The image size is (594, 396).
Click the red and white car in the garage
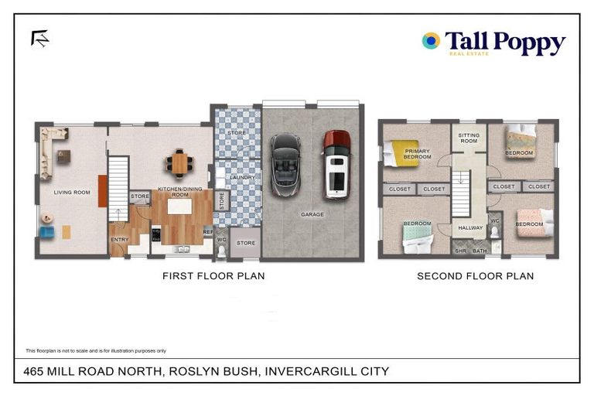pyautogui.click(x=336, y=164)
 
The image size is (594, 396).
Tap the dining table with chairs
pyautogui.click(x=180, y=162)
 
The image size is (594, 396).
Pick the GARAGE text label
pyautogui.click(x=312, y=214)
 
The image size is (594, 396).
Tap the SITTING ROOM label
pyautogui.click(x=469, y=138)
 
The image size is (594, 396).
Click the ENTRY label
pyautogui.click(x=120, y=240)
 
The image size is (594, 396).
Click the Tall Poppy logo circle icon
pyautogui.click(x=431, y=41)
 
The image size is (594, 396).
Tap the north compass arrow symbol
pyautogui.click(x=39, y=39)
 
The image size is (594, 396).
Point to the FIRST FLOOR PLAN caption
pyautogui.click(x=213, y=276)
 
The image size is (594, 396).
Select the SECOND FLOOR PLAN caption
pyautogui.click(x=475, y=276)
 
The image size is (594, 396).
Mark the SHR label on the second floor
pyautogui.click(x=460, y=251)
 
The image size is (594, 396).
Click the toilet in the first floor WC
pyautogui.click(x=221, y=250)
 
